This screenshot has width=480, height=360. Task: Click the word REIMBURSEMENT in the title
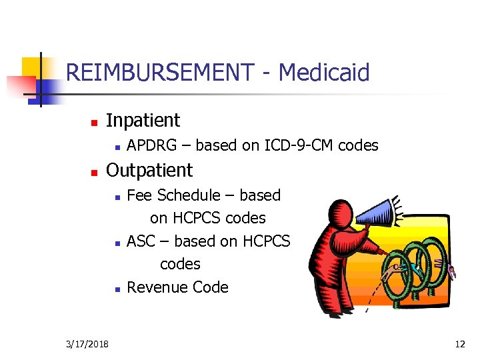(159, 72)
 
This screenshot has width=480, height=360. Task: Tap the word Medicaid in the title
(323, 72)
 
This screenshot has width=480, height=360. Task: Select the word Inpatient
(143, 121)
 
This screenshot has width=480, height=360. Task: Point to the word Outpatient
(149, 171)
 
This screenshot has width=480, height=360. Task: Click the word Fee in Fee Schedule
(138, 195)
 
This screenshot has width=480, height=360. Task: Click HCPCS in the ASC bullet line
(266, 241)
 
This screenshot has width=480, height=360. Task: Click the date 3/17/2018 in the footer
(89, 344)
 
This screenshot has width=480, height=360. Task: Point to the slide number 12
(459, 344)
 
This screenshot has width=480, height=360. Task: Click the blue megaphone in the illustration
(377, 213)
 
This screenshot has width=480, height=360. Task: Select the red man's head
(344, 213)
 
